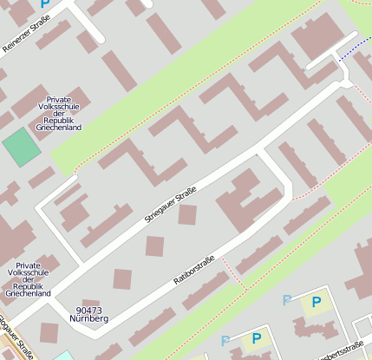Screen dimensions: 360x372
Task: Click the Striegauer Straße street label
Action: [x=169, y=204]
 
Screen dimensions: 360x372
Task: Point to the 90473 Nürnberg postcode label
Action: [x=92, y=314]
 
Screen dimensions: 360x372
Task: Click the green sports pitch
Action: [x=22, y=147]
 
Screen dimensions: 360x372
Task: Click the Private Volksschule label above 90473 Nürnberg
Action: [x=28, y=279]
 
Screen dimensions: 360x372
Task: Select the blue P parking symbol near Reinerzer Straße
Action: [x=45, y=5]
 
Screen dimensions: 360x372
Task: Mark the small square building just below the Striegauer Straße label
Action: [x=187, y=214]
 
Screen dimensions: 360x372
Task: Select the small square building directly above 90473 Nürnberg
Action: [x=122, y=279]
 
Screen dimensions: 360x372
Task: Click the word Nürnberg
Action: [x=92, y=318]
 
